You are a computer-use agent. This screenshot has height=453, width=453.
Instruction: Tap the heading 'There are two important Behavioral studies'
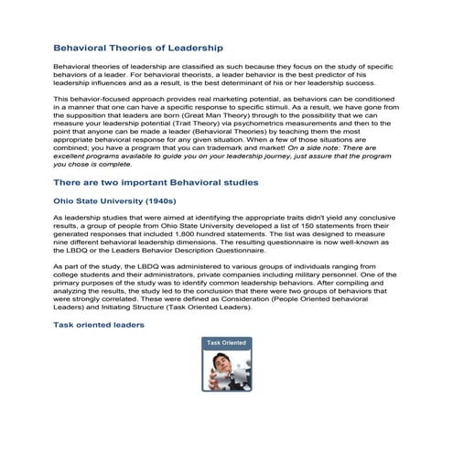156,182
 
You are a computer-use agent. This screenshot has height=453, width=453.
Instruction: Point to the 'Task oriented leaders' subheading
98,325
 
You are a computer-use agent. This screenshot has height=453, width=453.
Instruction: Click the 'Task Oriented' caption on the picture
226,343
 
